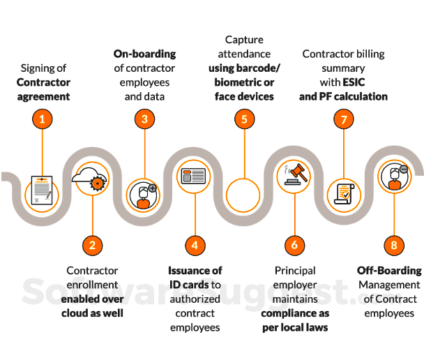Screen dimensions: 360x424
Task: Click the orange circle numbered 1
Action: [42, 119]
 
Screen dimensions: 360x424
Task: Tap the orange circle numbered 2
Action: [92, 245]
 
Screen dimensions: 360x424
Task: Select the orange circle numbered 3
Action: [144, 119]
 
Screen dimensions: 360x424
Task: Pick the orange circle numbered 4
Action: [195, 245]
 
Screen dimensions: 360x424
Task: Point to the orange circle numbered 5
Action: [244, 119]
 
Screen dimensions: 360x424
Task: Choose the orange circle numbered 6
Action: [295, 245]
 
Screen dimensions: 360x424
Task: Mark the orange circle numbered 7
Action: [344, 119]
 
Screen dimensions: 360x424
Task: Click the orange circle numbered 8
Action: [394, 245]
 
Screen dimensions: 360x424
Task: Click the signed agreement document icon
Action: [42, 189]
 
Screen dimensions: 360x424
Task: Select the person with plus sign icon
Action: [144, 195]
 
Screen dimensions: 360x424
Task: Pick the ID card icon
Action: [195, 177]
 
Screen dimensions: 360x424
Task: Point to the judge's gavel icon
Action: [294, 175]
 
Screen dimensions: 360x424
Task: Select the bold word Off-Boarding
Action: [389, 270]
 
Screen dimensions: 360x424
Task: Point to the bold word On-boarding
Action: [144, 54]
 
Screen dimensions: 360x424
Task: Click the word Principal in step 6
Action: [295, 270]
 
